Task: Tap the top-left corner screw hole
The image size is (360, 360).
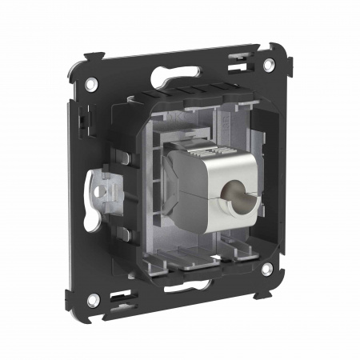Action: coord(94,83)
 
